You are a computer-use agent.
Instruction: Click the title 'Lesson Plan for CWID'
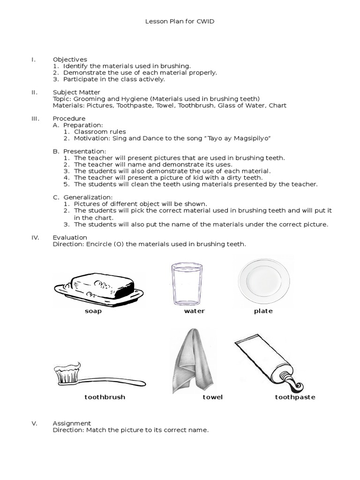180,22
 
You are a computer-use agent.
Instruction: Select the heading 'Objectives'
70,60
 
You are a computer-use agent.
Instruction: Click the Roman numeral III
35,119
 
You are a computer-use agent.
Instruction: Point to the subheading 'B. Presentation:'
80,151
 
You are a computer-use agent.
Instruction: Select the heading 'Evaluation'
70,238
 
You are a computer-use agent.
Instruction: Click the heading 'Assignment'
72,423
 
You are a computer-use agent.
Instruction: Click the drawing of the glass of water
187,284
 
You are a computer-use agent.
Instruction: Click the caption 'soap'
93,311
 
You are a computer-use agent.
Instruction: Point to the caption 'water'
195,311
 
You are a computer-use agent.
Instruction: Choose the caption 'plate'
263,311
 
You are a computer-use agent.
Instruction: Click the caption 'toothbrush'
105,397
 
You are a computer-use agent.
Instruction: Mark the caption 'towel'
212,397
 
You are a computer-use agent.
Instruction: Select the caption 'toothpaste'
295,397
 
